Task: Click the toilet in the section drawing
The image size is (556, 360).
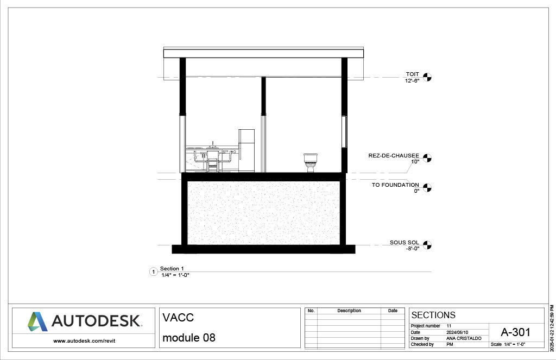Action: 311,163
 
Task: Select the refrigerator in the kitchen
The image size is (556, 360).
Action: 247,151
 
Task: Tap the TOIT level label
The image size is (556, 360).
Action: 413,74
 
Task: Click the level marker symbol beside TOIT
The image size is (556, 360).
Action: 427,77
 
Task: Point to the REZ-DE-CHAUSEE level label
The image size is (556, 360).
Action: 394,156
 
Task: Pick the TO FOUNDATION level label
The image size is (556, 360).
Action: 395,185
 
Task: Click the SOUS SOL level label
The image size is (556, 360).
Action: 404,243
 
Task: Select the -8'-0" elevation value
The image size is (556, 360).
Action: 413,249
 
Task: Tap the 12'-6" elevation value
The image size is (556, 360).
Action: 413,80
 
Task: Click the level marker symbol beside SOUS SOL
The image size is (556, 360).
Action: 427,245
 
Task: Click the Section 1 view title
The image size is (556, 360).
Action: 172,268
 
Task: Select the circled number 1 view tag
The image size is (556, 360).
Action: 154,272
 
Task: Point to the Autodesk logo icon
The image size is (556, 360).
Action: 37,321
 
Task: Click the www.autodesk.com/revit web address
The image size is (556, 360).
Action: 84,341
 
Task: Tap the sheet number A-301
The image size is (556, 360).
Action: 516,332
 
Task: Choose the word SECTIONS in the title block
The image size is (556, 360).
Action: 433,315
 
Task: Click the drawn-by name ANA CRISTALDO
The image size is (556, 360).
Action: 464,338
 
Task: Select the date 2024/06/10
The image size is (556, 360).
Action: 457,332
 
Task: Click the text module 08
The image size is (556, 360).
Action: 189,338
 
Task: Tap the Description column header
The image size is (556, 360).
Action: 349,311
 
